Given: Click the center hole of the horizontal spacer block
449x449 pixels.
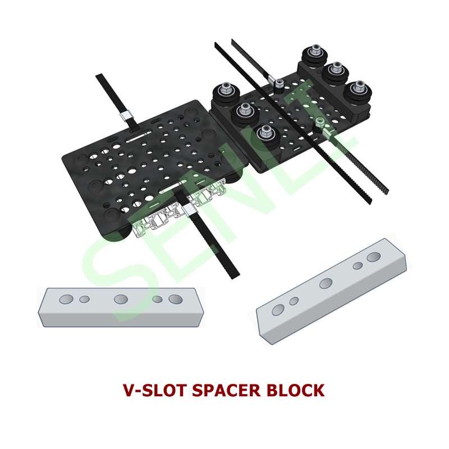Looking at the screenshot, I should point(121,299).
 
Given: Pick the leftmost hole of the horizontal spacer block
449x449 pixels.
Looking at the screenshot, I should point(66,299).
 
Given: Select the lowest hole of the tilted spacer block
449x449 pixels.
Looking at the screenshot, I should point(278,309).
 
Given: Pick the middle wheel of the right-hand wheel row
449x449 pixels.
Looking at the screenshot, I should point(336,74).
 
